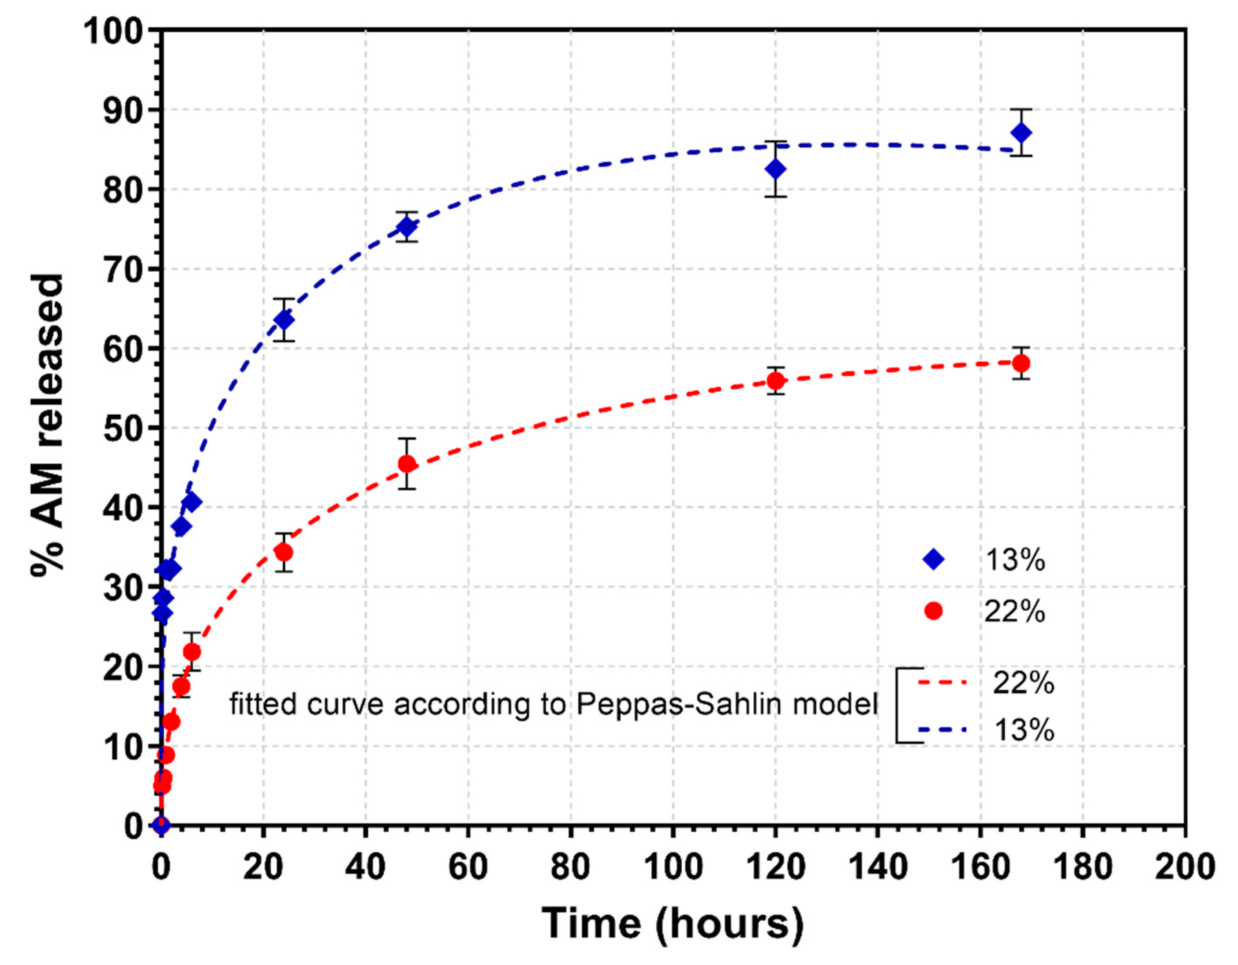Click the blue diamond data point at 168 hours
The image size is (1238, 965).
click(1021, 133)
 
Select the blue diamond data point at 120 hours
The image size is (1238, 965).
click(775, 169)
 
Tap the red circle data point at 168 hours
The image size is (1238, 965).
click(1021, 363)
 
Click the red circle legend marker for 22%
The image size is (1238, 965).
click(933, 611)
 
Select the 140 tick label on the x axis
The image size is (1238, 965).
click(878, 867)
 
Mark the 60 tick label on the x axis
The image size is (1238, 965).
click(468, 867)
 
